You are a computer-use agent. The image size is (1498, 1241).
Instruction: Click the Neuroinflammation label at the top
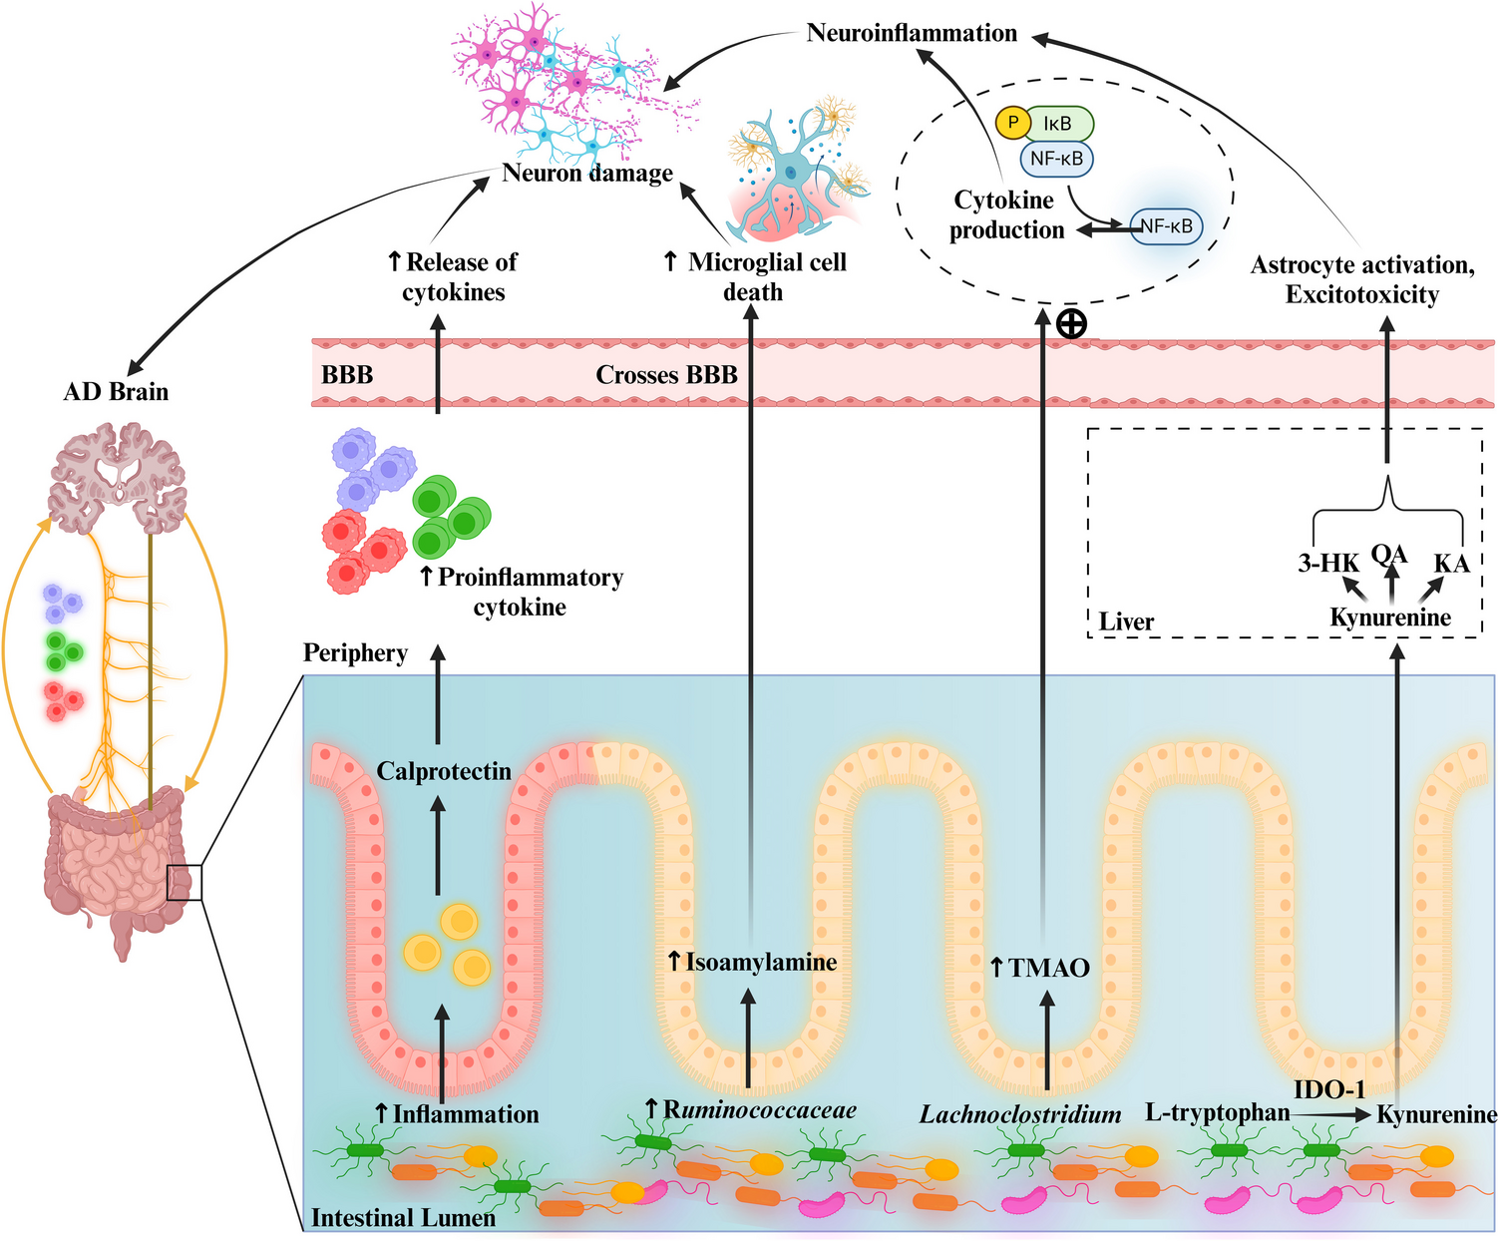(912, 33)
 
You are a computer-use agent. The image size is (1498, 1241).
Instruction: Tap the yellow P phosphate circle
(1013, 123)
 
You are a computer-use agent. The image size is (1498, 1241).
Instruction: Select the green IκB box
(1059, 124)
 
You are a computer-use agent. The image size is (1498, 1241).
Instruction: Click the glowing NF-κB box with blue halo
(1166, 226)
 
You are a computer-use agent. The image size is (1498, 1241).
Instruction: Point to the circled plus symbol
(1071, 324)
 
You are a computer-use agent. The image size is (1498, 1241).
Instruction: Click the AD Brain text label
(116, 392)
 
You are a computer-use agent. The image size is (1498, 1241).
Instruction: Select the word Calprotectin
(444, 771)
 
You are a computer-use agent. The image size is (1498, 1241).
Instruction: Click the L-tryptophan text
(1217, 1113)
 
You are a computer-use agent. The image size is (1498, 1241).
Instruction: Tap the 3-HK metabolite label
(1327, 564)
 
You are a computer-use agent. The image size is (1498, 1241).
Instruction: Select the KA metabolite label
(1451, 564)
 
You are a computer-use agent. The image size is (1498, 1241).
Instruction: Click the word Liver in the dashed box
(1126, 622)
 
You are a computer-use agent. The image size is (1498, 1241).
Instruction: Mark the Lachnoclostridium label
(1019, 1114)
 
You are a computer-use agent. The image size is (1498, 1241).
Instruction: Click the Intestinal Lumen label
(403, 1218)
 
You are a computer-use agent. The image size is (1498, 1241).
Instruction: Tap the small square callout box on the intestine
(185, 883)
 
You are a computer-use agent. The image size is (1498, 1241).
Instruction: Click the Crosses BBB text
(666, 375)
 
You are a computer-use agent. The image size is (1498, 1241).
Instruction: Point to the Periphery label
(355, 653)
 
